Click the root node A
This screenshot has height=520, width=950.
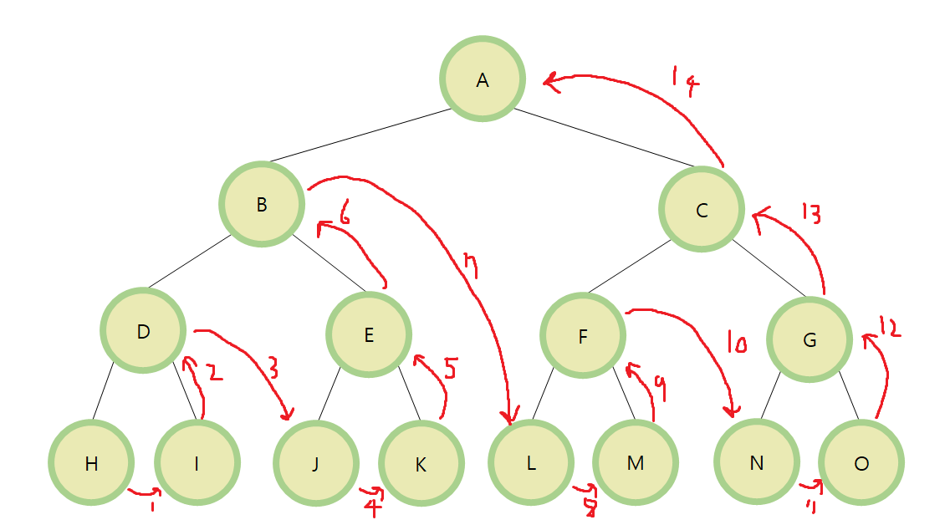pyautogui.click(x=483, y=79)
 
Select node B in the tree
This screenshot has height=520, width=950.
pyautogui.click(x=261, y=204)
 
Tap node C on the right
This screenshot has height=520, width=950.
pyautogui.click(x=702, y=209)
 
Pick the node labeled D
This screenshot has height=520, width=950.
pyautogui.click(x=143, y=331)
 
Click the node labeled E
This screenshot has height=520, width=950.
pyautogui.click(x=369, y=335)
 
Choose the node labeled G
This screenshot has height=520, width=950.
pyautogui.click(x=809, y=340)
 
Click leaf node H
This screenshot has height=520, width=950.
pyautogui.click(x=91, y=463)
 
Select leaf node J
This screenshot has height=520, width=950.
pyautogui.click(x=315, y=464)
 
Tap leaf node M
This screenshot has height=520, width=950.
pyautogui.click(x=636, y=462)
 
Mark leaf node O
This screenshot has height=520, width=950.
pyautogui.click(x=861, y=463)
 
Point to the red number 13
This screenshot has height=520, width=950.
pyautogui.click(x=810, y=213)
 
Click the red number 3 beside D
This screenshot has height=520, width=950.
pyautogui.click(x=273, y=365)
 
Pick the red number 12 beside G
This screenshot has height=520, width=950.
pyautogui.click(x=889, y=329)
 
